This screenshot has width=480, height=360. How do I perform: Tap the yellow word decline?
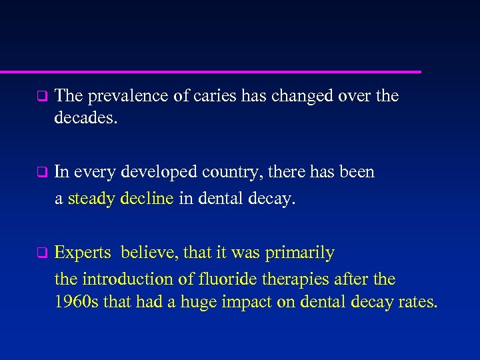pos(148,198)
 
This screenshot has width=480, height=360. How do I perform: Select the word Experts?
pos(83,253)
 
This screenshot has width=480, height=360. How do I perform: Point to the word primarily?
pos(300,253)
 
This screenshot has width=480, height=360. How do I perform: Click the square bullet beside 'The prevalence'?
pos(41,97)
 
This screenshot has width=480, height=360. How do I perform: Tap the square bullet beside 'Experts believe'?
pos(41,253)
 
